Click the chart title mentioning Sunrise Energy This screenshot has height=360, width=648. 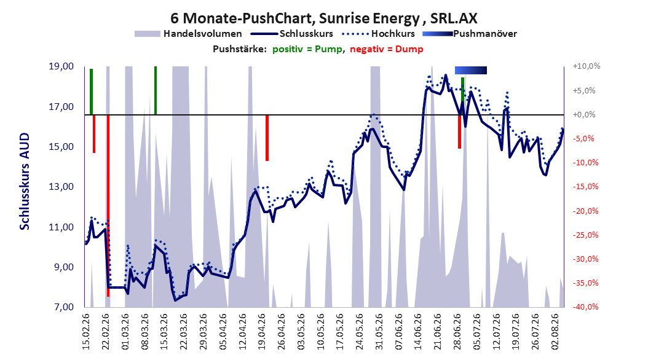pos(323,18)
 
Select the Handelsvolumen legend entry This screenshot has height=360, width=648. pos(189,34)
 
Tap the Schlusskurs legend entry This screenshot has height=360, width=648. pos(292,34)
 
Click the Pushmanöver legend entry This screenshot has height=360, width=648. pos(470,34)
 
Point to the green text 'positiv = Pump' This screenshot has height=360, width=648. pos(307,49)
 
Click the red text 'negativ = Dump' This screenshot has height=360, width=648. pos(387,49)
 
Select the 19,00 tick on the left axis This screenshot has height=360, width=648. pos(61,66)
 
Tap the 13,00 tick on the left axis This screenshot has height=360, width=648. pos(61,187)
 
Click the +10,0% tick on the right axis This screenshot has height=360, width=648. pos(587,66)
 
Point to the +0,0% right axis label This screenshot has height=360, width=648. pos(584,114)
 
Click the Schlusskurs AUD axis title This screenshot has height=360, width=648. pos(25,181)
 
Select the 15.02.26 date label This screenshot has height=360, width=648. pos(86,332)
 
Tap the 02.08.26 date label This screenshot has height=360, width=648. pos(555,332)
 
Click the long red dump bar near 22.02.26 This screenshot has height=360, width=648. pos(108,206)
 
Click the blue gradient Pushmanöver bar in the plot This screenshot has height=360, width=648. pos(471,70)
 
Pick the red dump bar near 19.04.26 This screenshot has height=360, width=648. pos(267,138)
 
